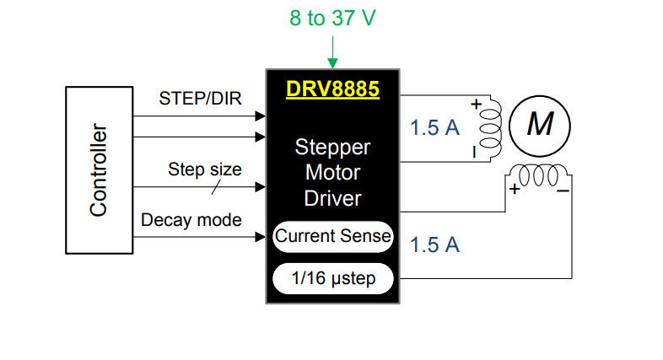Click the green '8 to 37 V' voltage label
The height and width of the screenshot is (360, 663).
point(332,19)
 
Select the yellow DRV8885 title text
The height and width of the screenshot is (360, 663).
point(332,88)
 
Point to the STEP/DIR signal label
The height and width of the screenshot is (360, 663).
point(200,98)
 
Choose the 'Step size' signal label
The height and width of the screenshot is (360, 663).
point(204,169)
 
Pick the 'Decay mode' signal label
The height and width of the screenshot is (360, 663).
point(191,220)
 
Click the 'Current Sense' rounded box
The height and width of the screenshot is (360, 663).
point(333,236)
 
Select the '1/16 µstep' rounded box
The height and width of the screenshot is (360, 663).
point(333,277)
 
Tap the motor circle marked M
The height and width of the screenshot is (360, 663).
point(539,125)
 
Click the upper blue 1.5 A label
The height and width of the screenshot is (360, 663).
point(434,128)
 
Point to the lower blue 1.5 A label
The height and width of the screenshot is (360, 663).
point(434,244)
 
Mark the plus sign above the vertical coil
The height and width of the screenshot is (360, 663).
point(475,105)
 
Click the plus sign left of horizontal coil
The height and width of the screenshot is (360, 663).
point(514,190)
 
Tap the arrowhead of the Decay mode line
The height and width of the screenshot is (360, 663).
point(261,237)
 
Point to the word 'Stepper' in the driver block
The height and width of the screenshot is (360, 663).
point(332,148)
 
